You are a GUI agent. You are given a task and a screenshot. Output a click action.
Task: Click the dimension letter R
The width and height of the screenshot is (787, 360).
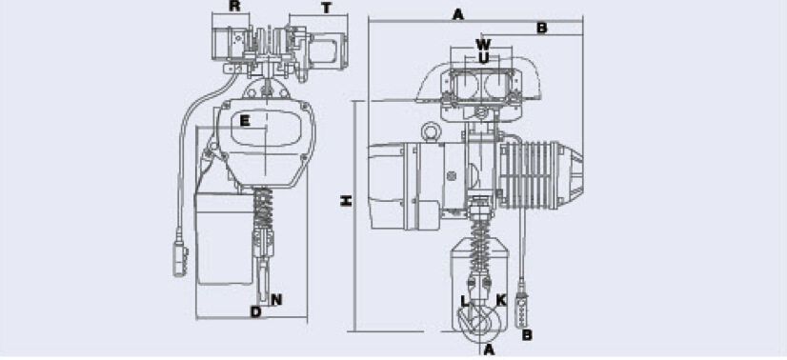coord(233,7)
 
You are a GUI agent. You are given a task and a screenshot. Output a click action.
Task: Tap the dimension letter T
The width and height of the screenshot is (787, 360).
coord(327,9)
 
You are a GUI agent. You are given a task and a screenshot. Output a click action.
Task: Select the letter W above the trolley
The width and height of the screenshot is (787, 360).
coord(483,44)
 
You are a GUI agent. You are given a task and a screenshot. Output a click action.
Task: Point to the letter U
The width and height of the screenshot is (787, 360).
coord(483,58)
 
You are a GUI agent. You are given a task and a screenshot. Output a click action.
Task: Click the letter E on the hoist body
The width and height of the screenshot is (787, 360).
coord(245,121)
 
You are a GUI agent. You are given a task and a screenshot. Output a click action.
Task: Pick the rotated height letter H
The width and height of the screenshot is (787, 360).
coord(346,201)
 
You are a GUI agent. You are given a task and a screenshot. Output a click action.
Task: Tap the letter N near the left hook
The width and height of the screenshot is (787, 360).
coord(276,300)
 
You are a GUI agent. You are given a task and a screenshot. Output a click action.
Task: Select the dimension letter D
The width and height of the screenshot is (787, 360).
coord(256,311)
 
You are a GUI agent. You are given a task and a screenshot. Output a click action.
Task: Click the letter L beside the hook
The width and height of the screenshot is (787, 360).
coord(464,301)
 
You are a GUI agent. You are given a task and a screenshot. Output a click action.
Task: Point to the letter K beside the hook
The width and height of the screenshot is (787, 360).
coord(501,300)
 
